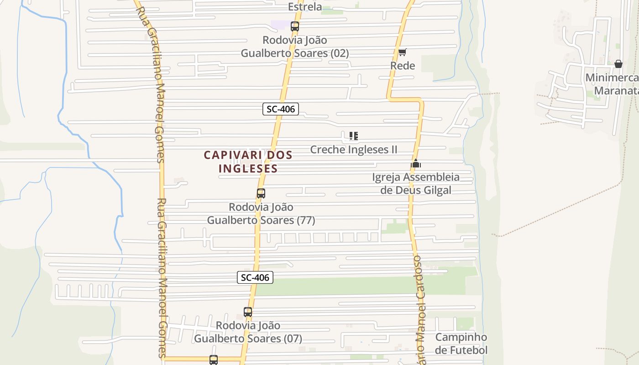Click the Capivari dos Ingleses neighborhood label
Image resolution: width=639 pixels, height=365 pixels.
[248, 162]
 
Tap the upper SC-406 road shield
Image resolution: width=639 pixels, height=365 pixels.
[281, 109]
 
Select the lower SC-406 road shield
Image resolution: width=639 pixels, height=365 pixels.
[255, 277]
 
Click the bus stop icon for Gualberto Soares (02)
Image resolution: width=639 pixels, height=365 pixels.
[295, 26]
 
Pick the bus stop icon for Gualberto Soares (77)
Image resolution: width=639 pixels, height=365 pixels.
[261, 193]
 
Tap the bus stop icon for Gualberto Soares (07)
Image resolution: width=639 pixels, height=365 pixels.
[248, 312]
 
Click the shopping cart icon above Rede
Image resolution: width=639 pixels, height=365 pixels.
[402, 52]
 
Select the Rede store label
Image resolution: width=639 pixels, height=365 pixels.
[403, 66]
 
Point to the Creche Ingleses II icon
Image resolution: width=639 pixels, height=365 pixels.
[353, 136]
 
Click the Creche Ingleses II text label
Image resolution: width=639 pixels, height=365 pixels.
[354, 150]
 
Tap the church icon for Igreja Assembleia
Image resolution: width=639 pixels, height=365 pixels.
[416, 164]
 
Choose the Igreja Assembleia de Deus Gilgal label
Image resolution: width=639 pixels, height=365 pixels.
[416, 183]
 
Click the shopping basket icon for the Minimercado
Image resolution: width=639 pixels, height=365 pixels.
[618, 64]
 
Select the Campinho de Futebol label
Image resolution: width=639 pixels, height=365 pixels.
[461, 344]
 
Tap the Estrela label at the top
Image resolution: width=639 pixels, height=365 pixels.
[305, 7]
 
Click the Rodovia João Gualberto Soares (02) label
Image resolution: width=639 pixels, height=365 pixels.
[295, 47]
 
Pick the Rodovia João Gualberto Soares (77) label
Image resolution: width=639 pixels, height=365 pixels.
[261, 214]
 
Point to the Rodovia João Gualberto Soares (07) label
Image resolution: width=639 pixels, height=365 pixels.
[248, 332]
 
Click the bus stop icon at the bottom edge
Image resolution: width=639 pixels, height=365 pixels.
[214, 360]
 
